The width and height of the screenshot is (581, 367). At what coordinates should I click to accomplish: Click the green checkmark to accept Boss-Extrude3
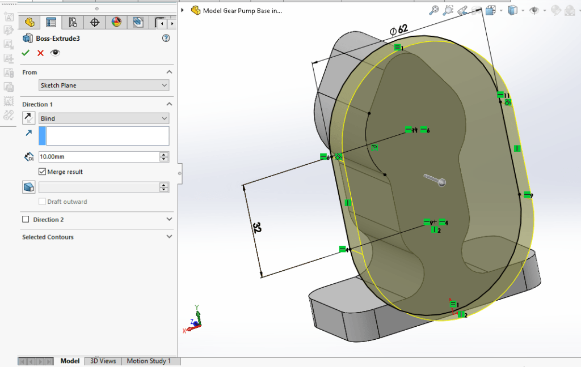pyautogui.click(x=26, y=53)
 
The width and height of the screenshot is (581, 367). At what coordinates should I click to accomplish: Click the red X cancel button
pyautogui.click(x=40, y=53)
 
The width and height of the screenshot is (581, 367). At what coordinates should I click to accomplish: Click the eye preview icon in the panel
pyautogui.click(x=55, y=53)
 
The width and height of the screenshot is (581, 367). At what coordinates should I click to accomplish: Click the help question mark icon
pyautogui.click(x=166, y=39)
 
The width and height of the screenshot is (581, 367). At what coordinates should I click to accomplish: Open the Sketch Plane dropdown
pyautogui.click(x=104, y=86)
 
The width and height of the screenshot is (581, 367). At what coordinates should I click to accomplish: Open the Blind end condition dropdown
pyautogui.click(x=104, y=118)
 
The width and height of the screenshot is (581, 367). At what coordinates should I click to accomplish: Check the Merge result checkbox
pyautogui.click(x=43, y=172)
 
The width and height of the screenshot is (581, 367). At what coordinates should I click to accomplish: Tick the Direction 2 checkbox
pyautogui.click(x=26, y=219)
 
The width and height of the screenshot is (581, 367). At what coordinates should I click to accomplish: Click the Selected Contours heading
pyautogui.click(x=48, y=237)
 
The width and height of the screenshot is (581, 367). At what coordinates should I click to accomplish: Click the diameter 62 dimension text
pyautogui.click(x=398, y=29)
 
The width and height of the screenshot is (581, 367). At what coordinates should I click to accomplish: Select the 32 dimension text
pyautogui.click(x=256, y=228)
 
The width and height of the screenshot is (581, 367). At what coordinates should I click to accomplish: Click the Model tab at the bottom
pyautogui.click(x=70, y=361)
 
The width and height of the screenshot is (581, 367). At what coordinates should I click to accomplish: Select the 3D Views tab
pyautogui.click(x=103, y=361)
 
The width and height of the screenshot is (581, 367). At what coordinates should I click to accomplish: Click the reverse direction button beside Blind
pyautogui.click(x=28, y=118)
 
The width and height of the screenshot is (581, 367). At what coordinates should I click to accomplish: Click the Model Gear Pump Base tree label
pyautogui.click(x=242, y=10)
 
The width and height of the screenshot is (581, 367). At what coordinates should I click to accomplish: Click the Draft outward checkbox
pyautogui.click(x=43, y=202)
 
